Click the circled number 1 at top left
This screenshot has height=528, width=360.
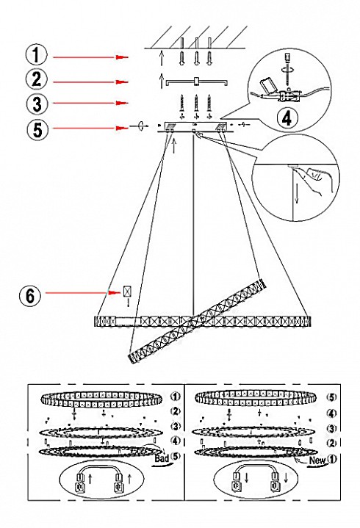point(37,55)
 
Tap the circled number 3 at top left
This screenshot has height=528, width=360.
point(37,104)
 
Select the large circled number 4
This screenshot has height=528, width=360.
point(287,117)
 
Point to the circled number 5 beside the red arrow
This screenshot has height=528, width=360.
point(37,129)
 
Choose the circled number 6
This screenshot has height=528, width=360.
point(31,297)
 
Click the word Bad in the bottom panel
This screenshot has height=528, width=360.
point(162,458)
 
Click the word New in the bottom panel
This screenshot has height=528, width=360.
point(317,460)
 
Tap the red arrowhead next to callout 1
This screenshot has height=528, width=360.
point(122,57)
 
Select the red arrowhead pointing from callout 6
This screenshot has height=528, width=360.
point(115,293)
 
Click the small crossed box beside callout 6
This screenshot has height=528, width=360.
point(128,292)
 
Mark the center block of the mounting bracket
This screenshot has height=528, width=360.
point(197,82)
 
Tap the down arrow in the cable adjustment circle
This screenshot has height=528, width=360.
point(297,195)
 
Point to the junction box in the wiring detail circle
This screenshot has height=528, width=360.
point(287,95)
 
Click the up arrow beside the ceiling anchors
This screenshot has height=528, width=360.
point(162,57)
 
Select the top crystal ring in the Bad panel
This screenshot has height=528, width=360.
point(101,399)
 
